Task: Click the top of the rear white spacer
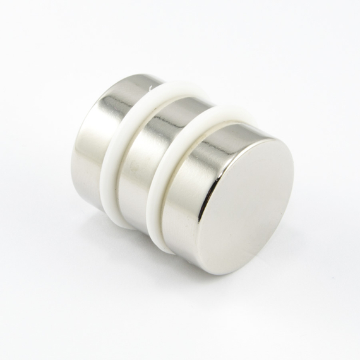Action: point(177,92)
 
